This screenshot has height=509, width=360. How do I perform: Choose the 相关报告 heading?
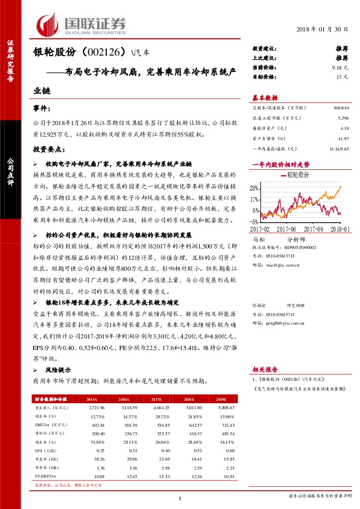point(264,368)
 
